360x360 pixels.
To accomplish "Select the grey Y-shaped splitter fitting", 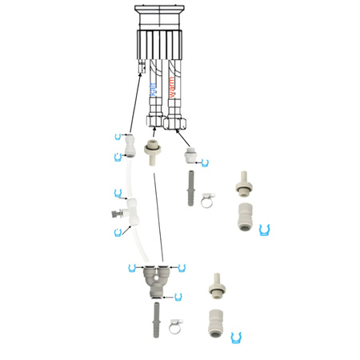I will pyautogui.click(x=156, y=280).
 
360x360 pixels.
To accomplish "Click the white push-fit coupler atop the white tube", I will pyautogui.click(x=130, y=146).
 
